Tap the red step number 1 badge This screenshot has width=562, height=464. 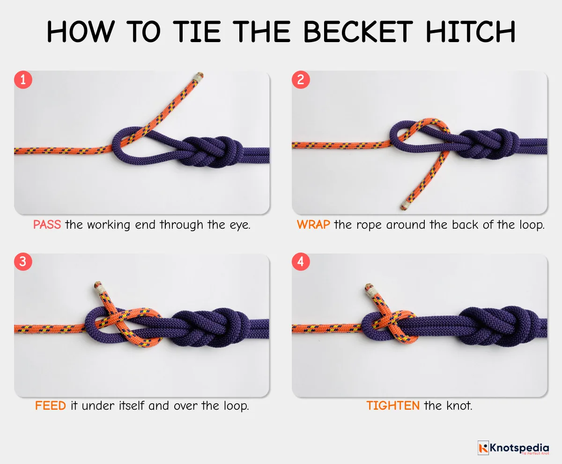point(23,80)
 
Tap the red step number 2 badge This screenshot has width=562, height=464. point(301,80)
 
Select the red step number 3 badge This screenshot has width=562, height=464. point(23,262)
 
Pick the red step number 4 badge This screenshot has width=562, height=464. point(301,262)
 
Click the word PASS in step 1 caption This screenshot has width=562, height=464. point(47,225)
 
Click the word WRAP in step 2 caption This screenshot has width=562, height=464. point(313,225)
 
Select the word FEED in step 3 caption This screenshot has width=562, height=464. point(50,406)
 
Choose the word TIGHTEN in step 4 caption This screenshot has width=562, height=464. point(393,406)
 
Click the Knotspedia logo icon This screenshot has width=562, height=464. point(483,448)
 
